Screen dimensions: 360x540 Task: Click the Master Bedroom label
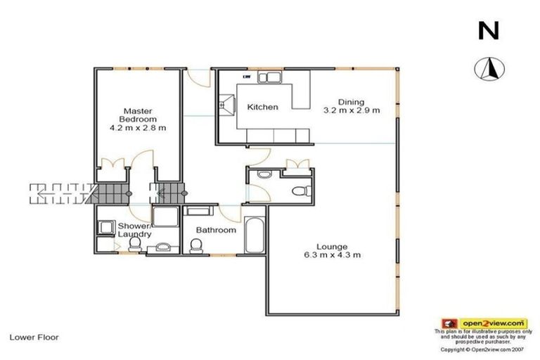coord(138,115)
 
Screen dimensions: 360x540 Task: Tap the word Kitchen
coord(262,108)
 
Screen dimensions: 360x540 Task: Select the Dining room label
coord(351,101)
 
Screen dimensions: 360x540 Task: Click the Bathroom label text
coord(216,230)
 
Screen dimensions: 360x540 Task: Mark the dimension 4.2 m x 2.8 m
coord(138,128)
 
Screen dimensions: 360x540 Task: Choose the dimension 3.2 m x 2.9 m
coord(351,110)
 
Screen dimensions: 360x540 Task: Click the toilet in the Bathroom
coord(197,245)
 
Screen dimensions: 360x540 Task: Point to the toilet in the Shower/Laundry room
coord(135,244)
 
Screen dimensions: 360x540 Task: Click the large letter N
coord(489,30)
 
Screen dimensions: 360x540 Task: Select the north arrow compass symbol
coord(488,69)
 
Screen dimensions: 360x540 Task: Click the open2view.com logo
coord(483,323)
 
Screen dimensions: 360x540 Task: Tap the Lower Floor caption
coord(34,337)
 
